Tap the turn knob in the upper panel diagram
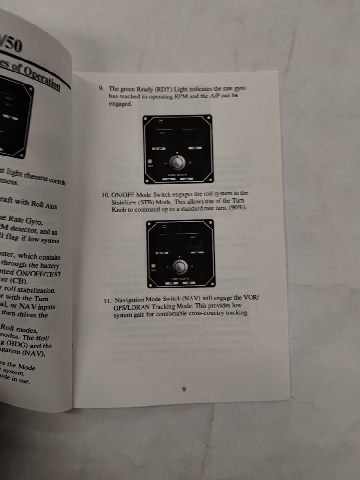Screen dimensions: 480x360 pos(178,163)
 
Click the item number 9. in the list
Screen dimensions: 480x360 pos(100,89)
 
